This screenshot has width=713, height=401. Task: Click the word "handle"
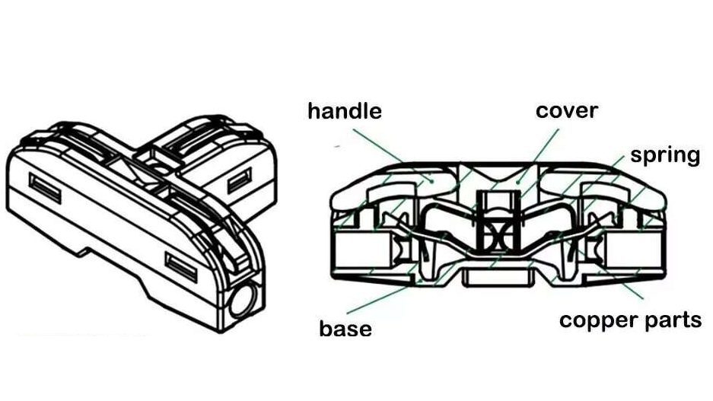(344, 111)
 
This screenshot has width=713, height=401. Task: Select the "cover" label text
(567, 110)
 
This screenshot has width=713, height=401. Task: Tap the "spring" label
(665, 155)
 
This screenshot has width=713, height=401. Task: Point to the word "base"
(345, 329)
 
